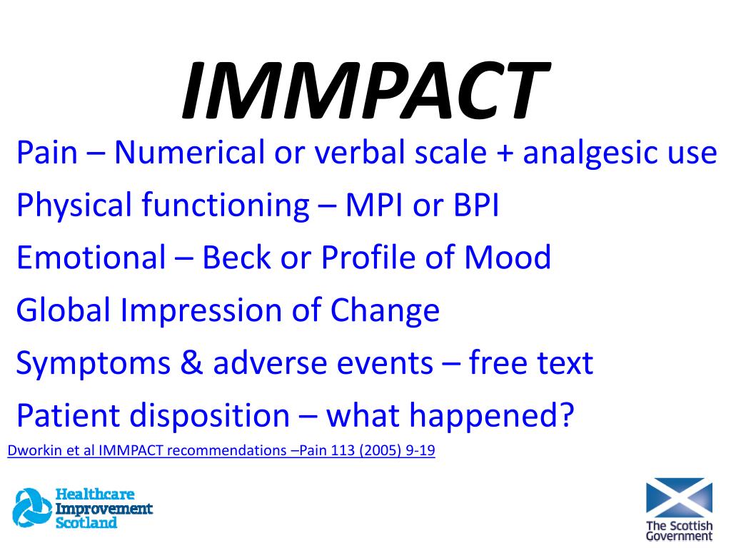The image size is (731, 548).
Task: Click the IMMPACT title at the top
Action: (x=364, y=91)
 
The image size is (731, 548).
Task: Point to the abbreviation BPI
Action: (x=474, y=205)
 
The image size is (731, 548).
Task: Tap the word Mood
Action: (x=508, y=258)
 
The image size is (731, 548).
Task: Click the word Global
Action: (x=64, y=310)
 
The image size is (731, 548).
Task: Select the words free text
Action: (x=531, y=363)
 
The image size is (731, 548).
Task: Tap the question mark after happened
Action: (x=565, y=415)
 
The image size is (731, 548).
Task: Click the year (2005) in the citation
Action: (x=375, y=451)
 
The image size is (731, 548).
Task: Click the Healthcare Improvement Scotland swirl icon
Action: (x=31, y=509)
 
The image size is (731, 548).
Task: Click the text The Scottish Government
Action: (x=679, y=531)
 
